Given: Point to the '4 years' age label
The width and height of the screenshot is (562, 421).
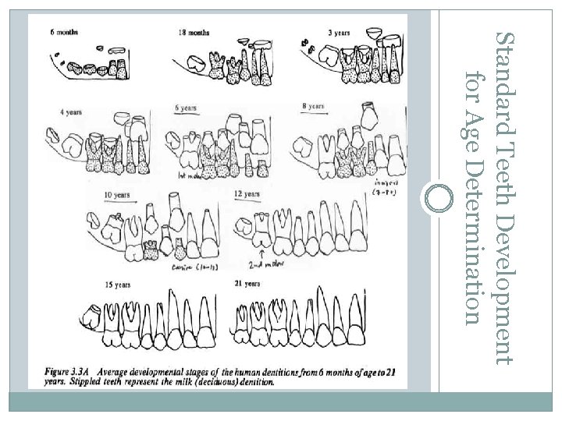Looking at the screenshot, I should click(x=71, y=112).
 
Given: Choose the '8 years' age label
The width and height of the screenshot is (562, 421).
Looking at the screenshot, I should click(x=313, y=105).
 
